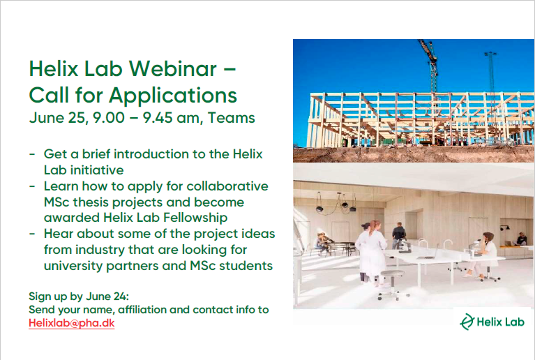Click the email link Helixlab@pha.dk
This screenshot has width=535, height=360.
tap(71, 324)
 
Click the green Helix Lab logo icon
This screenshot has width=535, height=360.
tap(467, 322)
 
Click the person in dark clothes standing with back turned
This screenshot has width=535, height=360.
tap(398, 237)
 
